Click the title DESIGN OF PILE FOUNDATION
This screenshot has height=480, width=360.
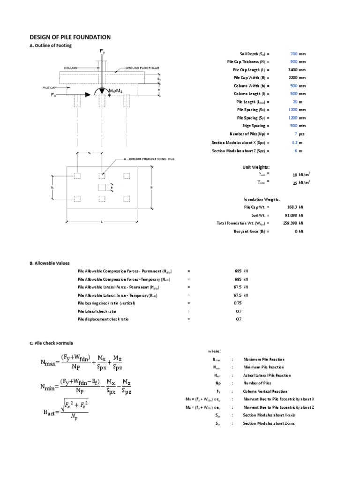click(70, 37)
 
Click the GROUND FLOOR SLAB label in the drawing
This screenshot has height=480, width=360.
click(142, 68)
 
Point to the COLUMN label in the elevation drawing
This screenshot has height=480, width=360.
click(70, 68)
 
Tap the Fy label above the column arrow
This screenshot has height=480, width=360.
click(102, 51)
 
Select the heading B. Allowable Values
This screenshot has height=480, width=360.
click(50, 263)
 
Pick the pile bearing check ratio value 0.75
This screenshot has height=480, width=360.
click(239, 303)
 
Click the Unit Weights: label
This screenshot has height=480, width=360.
click(256, 167)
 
